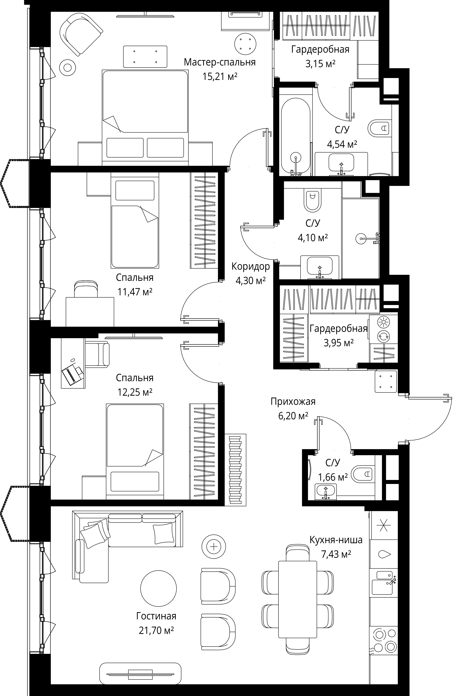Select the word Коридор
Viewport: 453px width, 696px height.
tap(250, 266)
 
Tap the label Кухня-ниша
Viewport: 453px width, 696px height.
tap(336, 540)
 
